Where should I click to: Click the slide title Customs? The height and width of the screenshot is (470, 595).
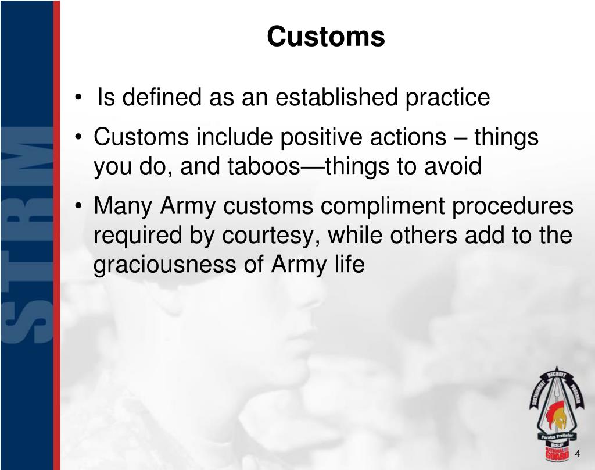[x=325, y=37]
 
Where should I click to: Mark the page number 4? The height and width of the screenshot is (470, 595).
[x=578, y=454]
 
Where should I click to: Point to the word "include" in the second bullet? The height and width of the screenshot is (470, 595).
[x=236, y=138]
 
